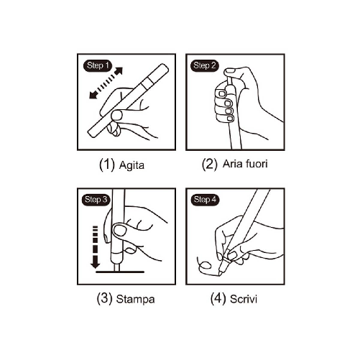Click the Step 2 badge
204,65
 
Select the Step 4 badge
204,199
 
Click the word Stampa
135,297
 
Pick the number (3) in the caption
102,297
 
